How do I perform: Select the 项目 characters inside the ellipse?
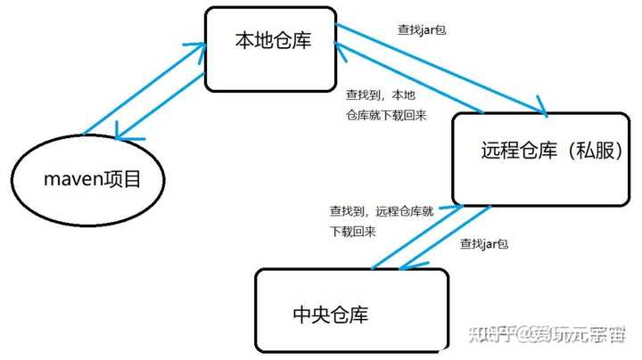123,179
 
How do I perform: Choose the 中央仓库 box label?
330,314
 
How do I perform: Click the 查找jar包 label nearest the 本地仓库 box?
424,29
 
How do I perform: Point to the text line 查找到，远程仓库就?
382,212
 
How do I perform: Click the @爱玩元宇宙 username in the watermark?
576,335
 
